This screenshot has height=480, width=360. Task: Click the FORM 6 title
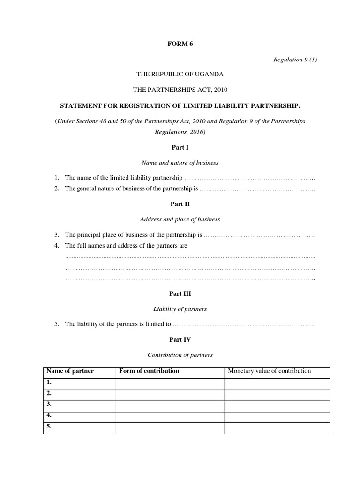(x=180, y=44)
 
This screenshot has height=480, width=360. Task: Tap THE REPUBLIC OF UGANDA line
(x=180, y=74)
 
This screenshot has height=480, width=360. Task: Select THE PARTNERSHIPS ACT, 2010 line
(x=180, y=90)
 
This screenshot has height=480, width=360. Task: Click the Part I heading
(x=180, y=148)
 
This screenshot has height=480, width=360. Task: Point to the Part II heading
(x=180, y=204)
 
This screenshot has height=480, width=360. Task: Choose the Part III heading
(x=180, y=294)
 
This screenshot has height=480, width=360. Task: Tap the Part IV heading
(x=180, y=339)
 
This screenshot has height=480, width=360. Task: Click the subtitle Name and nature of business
(x=180, y=163)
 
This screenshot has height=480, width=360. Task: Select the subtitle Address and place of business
(x=180, y=219)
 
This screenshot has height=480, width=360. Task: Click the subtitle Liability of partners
(x=180, y=309)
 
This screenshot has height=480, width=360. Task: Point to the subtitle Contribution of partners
(x=180, y=355)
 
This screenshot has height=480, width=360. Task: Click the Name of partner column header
(x=70, y=371)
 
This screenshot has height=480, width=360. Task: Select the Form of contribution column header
(x=149, y=371)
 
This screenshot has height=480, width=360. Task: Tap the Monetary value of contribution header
(x=269, y=371)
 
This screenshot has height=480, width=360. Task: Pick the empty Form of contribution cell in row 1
(x=170, y=383)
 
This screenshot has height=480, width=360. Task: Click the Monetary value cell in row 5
(x=277, y=427)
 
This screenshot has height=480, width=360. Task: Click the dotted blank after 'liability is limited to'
(x=244, y=324)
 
